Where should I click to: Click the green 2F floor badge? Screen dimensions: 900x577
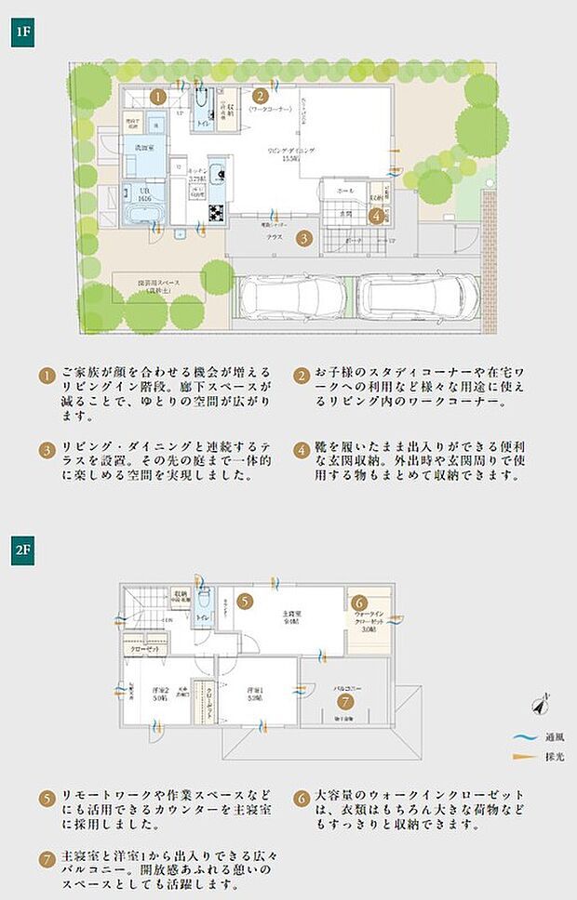pyautogui.click(x=22, y=549)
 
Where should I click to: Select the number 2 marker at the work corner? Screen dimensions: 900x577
pyautogui.click(x=262, y=94)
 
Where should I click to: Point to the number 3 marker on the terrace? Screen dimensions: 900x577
pyautogui.click(x=303, y=238)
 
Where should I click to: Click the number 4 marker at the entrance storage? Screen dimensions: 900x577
pyautogui.click(x=376, y=216)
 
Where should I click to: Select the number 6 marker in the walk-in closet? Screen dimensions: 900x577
pyautogui.click(x=359, y=602)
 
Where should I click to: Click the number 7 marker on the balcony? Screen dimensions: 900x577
pyautogui.click(x=344, y=701)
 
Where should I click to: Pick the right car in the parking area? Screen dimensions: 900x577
pyautogui.click(x=415, y=296)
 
